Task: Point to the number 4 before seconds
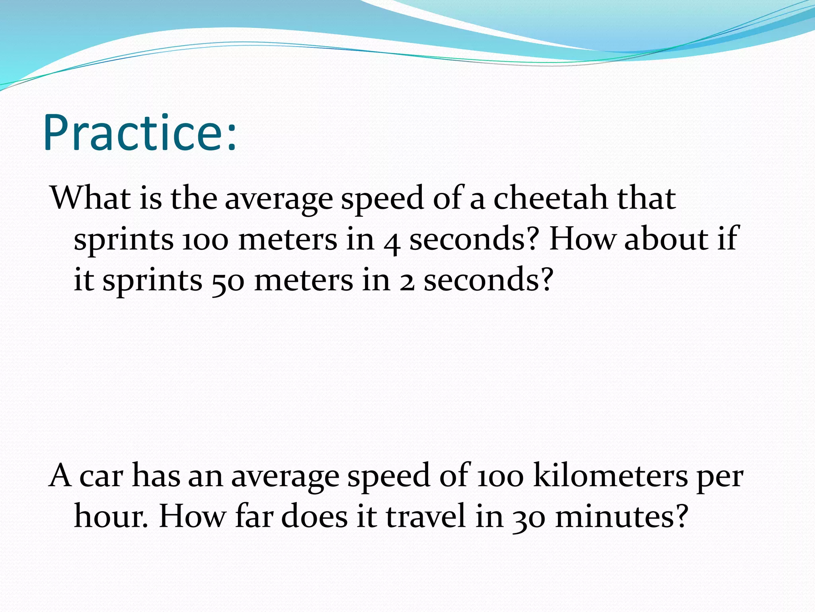[392, 241]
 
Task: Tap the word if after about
[728, 238]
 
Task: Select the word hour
[111, 516]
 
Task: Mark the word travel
[425, 516]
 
